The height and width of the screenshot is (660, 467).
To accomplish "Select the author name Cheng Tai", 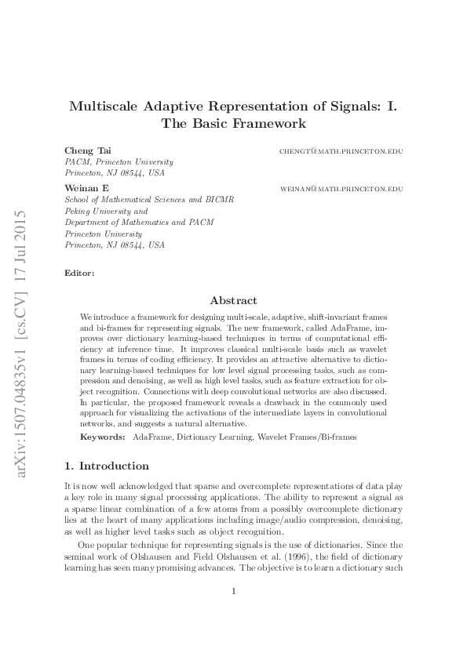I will tap(82, 150).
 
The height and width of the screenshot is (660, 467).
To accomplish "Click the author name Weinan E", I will tap(82, 188).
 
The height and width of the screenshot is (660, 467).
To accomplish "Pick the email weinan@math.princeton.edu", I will tap(341, 189).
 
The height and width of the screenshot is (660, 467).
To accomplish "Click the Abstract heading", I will tap(233, 299).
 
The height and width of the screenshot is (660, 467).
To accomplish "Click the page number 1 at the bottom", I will tap(233, 612).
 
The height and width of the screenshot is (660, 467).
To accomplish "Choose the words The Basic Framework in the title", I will tap(233, 124).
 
